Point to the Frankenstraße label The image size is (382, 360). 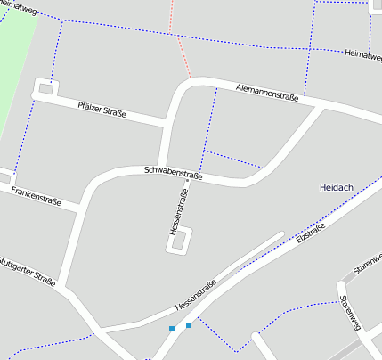pyautogui.click(x=36, y=196)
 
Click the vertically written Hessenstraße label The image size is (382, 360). pyautogui.click(x=177, y=211)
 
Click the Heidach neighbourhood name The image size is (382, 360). pyautogui.click(x=337, y=187)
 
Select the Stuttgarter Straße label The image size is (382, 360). pyautogui.click(x=27, y=271)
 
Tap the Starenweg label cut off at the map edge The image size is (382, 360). pyautogui.click(x=367, y=259)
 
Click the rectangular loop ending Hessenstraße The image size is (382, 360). pyautogui.click(x=180, y=241)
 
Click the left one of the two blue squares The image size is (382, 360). pyautogui.click(x=172, y=330)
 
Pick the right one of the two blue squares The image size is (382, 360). pyautogui.click(x=189, y=325)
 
